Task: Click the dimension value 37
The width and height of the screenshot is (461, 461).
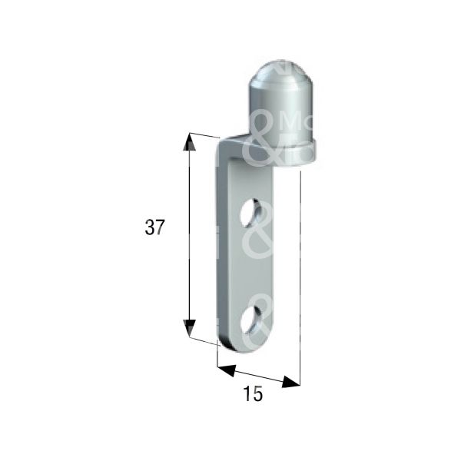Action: (x=154, y=227)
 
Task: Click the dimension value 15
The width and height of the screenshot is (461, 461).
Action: (x=252, y=394)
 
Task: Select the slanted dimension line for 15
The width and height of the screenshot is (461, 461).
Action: (x=257, y=376)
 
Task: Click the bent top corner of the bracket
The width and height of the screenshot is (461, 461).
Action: (x=229, y=144)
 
